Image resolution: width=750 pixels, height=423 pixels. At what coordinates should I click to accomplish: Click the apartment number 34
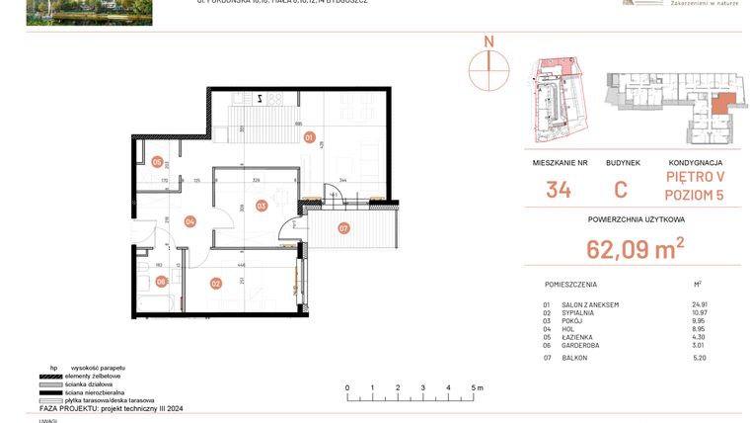559,190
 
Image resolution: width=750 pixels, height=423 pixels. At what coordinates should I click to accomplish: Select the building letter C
622,190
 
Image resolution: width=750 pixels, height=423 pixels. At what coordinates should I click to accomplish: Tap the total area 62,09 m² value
636,248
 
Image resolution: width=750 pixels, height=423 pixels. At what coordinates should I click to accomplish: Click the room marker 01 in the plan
309,137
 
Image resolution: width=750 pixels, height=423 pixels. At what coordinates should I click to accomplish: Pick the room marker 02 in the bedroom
215,284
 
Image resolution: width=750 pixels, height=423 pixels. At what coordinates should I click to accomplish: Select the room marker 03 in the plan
262,206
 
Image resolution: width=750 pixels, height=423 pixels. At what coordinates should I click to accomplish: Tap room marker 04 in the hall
189,221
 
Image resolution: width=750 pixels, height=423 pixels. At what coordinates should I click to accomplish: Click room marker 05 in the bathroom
157,162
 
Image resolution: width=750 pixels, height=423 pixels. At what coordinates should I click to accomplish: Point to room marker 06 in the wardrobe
161,281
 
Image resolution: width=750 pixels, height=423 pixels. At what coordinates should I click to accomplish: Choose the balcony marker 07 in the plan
342,229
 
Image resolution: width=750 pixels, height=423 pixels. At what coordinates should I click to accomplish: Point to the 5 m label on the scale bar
477,387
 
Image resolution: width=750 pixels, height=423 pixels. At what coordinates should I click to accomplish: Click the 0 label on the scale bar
348,387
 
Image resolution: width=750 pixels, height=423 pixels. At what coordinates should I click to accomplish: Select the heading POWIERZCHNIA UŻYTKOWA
636,220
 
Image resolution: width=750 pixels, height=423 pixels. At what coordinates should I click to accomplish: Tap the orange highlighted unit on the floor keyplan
722,103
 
